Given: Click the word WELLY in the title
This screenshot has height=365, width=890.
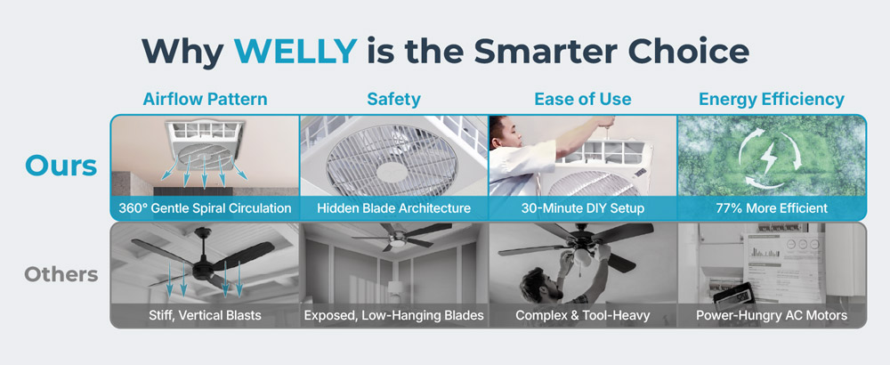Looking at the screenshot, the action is [295, 51].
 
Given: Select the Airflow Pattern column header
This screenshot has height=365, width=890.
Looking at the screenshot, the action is [205, 100].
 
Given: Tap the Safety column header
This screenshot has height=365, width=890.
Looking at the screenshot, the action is [394, 100].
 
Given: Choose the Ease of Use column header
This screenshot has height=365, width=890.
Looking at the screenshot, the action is [583, 100].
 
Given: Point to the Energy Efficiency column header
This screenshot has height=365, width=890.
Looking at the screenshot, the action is [772, 100].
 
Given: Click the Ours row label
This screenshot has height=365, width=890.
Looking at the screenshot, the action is [61, 166].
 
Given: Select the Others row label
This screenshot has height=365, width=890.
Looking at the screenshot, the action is [61, 275].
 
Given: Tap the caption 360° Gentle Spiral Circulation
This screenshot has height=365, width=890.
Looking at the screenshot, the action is [205, 208].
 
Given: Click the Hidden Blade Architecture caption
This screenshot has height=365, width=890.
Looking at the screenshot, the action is [394, 208].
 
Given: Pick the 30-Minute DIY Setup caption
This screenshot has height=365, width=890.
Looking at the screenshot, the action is [583, 208].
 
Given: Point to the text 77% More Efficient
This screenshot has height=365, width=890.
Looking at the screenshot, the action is [772, 208].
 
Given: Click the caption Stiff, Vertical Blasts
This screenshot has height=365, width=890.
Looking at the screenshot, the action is [205, 315].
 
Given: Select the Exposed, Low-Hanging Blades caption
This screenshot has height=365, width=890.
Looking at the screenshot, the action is [394, 315].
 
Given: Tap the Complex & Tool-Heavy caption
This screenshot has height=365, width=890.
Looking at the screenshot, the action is [583, 315].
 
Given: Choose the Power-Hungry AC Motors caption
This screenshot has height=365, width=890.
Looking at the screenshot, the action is [772, 315].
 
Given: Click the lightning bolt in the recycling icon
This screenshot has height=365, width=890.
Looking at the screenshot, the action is [769, 158].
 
